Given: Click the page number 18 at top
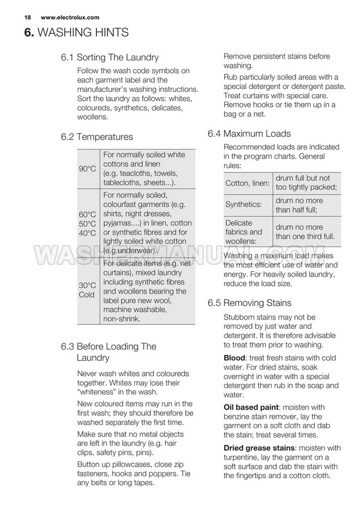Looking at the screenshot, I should click(x=27, y=17).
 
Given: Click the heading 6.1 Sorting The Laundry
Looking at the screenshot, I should click(x=109, y=58).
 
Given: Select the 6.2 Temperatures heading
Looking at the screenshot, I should click(x=96, y=137).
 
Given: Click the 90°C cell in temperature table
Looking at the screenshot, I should click(x=87, y=169).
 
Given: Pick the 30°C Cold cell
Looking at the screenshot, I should click(x=87, y=290).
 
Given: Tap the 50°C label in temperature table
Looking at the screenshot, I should click(x=87, y=224).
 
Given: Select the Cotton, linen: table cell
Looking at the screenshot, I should click(x=247, y=184).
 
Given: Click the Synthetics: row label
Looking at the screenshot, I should click(x=243, y=205).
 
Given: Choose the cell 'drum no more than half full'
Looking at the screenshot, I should click(x=299, y=205).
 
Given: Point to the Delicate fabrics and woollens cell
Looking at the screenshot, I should click(x=244, y=232).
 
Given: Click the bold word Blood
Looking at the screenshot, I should click(x=235, y=358).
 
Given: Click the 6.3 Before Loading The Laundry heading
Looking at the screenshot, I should click(x=108, y=352).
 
